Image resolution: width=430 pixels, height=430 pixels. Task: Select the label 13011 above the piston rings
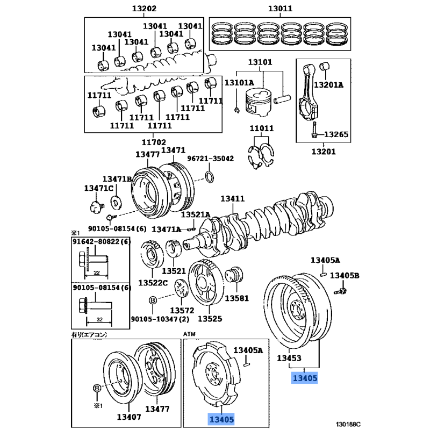point(281,9)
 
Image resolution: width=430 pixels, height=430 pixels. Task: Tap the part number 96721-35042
point(210,159)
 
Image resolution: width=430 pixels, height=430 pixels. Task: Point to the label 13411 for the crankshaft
point(232,199)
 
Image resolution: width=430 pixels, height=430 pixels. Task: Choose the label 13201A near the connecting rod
point(328,85)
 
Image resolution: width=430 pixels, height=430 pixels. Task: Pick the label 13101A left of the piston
point(239,83)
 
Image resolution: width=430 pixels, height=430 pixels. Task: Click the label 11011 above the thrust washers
point(261,128)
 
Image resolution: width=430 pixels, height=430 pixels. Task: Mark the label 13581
point(237,298)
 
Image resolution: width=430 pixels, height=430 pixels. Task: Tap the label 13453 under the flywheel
point(289,358)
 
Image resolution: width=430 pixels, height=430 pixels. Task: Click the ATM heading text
point(190,334)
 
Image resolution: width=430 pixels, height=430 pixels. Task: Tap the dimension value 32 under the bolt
point(100,319)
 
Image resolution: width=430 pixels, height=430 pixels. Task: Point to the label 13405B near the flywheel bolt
point(345,276)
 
